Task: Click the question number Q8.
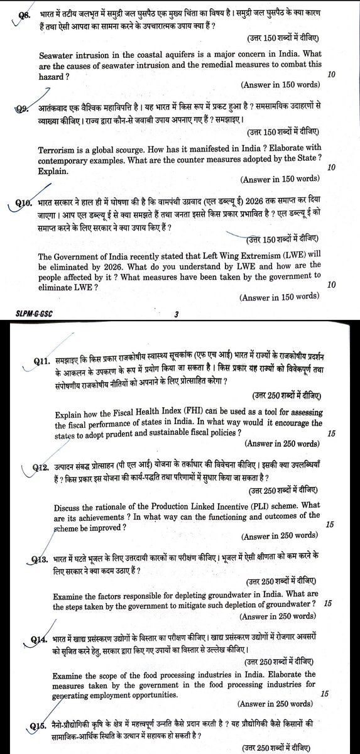click(x=26, y=14)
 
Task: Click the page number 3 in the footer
click(x=177, y=313)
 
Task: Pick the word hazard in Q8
click(x=53, y=76)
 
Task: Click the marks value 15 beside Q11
click(x=332, y=433)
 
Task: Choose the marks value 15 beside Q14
click(x=324, y=694)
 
